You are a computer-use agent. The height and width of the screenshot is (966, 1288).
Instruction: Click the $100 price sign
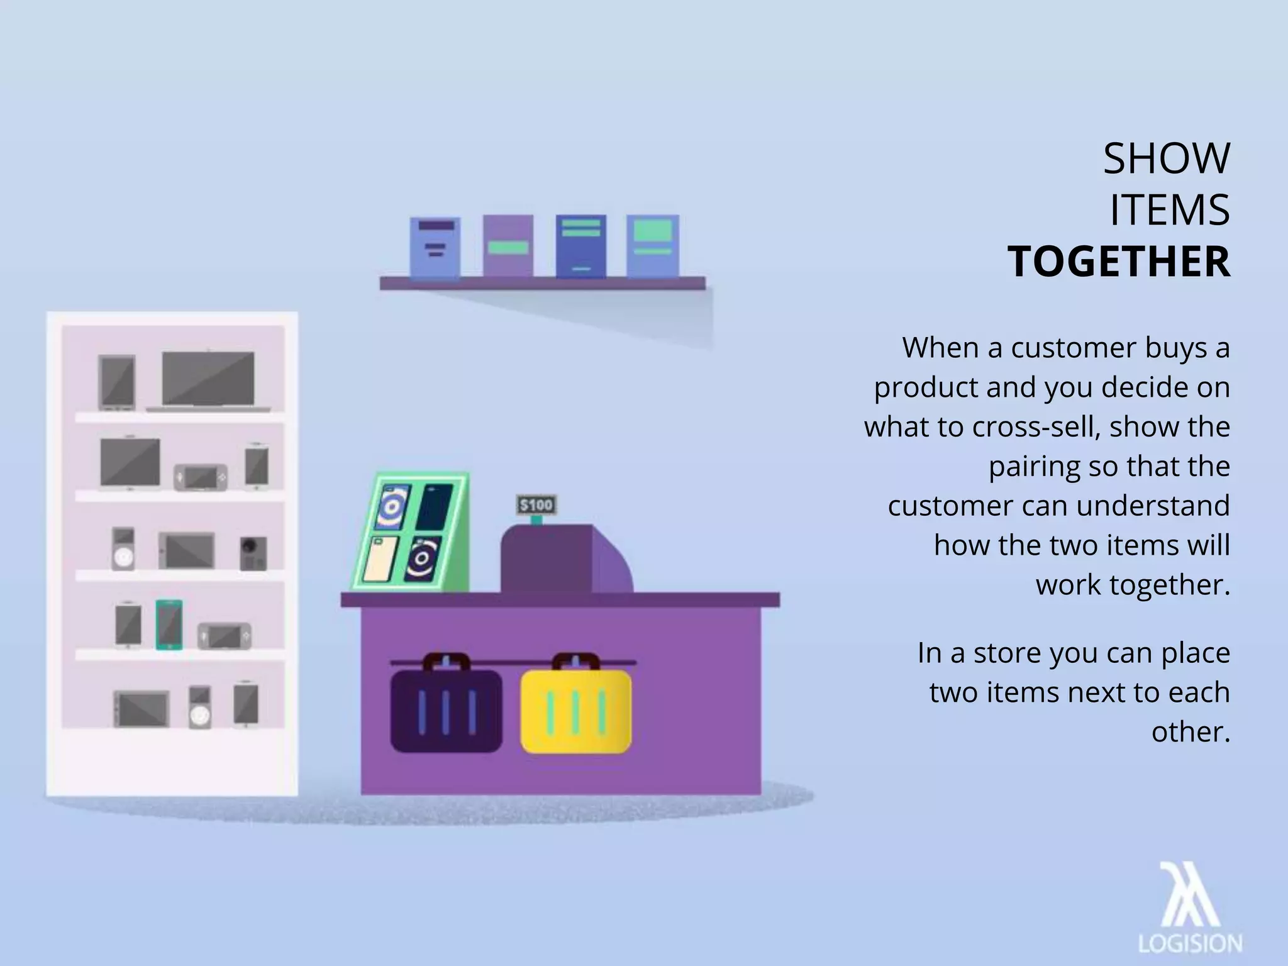pos(536,505)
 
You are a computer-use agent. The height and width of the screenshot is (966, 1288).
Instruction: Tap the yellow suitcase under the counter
pos(575,711)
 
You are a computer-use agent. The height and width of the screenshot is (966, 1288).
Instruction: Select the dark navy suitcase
pos(446,711)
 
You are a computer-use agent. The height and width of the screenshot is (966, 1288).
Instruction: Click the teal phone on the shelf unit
pos(169,625)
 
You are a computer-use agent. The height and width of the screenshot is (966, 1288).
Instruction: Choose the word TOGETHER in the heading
pos(1119,262)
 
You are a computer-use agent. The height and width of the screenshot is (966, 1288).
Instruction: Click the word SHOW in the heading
pos(1166,159)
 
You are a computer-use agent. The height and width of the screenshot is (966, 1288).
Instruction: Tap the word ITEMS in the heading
pos(1169,211)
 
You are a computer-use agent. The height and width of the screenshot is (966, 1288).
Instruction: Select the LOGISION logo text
pos(1190,944)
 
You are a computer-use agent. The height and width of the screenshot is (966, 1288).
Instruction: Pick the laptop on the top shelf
pos(208,380)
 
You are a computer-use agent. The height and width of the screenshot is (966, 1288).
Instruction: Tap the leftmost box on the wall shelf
pos(435,247)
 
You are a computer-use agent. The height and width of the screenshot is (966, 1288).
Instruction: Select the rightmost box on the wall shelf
pos(653,246)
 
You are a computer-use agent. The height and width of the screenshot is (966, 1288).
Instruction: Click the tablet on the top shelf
pos(117,381)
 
